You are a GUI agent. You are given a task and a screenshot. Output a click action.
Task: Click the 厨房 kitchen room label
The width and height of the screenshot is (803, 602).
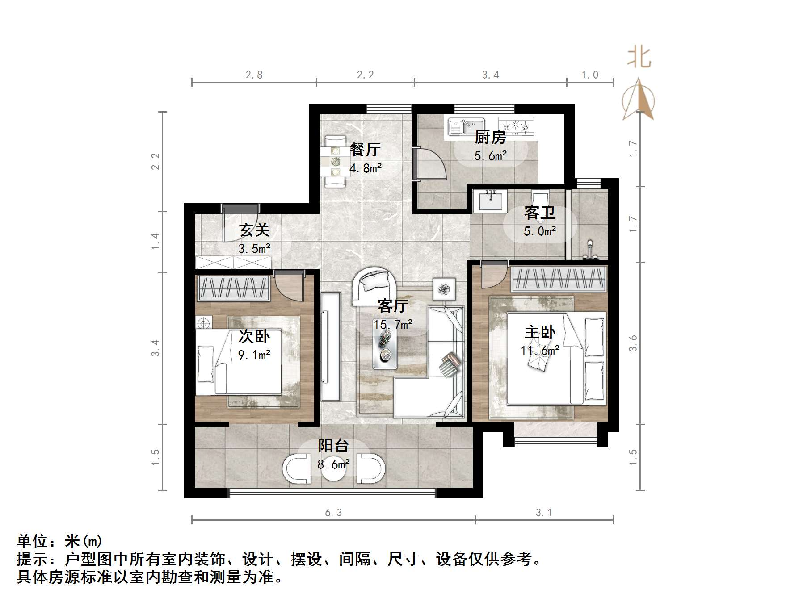(490, 137)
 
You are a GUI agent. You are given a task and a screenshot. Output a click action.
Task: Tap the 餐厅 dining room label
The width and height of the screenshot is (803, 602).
(365, 149)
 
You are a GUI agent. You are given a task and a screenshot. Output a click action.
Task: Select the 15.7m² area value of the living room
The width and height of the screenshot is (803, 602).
(393, 324)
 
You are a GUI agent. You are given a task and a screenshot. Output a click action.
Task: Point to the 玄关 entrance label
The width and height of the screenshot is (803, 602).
(254, 230)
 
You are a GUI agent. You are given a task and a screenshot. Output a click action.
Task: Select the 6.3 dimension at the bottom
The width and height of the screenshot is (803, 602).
(333, 513)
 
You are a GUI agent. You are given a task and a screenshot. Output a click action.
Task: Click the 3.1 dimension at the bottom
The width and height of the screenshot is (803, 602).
(544, 513)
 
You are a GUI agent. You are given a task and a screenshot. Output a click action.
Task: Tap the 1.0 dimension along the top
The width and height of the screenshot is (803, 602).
(590, 75)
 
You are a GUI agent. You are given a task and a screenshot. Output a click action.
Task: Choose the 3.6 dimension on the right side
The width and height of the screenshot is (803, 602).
(633, 343)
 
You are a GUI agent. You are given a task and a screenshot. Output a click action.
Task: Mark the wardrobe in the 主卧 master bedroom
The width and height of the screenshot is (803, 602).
(559, 279)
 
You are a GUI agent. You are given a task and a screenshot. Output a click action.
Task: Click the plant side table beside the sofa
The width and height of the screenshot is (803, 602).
(444, 289)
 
